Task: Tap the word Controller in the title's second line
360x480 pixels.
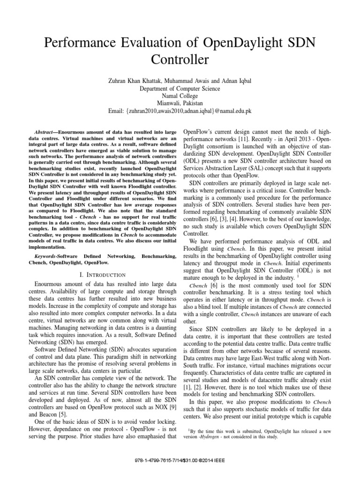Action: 180,60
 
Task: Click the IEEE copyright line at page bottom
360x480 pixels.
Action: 180,460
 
